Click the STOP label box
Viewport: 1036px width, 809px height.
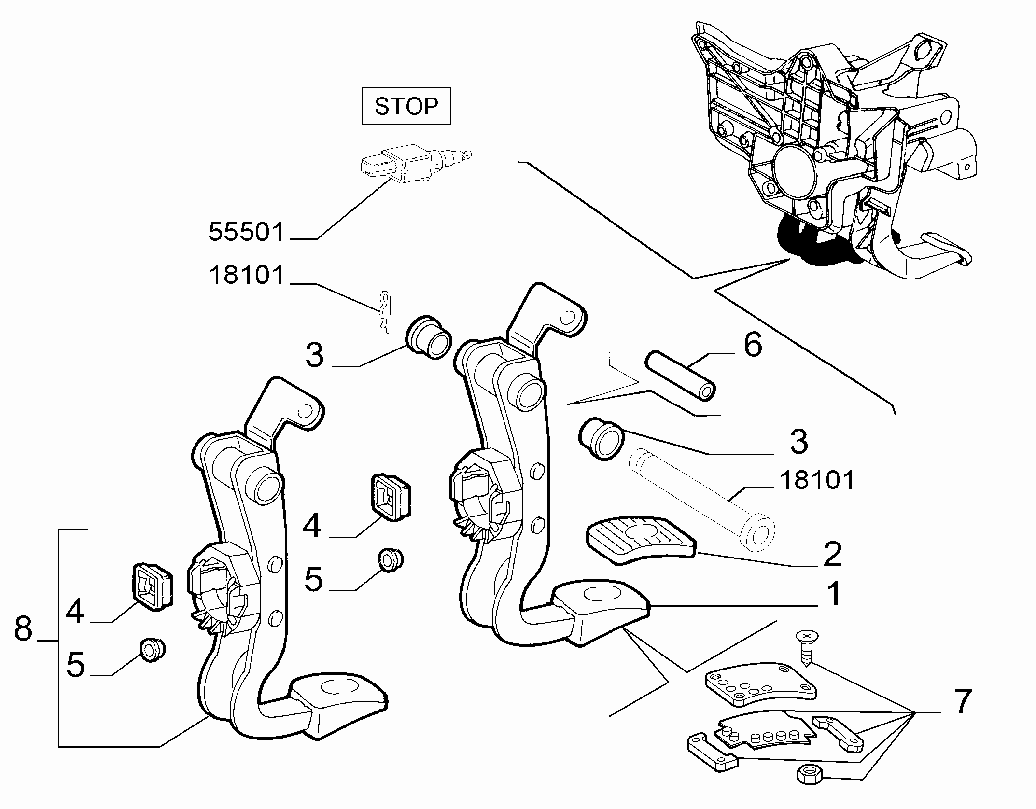tap(406, 106)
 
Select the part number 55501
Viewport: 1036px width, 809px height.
tap(246, 232)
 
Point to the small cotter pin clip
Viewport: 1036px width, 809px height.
tap(385, 311)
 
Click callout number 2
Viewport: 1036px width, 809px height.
tap(832, 554)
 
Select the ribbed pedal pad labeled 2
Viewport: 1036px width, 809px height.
tap(641, 539)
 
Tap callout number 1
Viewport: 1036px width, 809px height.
tap(834, 594)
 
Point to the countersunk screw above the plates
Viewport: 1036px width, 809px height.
tap(804, 648)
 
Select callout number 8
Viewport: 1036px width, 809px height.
tap(23, 629)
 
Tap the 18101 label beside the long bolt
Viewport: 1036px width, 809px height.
tap(817, 480)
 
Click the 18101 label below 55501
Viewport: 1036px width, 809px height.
tap(247, 276)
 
